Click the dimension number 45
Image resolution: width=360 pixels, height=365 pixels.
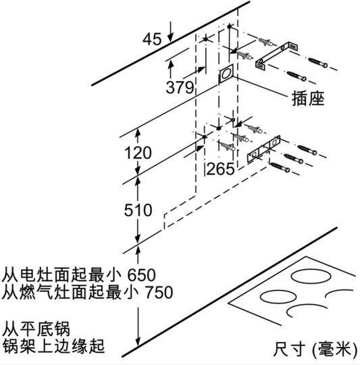[x=152, y=39]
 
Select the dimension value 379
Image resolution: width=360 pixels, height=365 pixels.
[x=180, y=87]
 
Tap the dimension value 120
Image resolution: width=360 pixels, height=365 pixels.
[x=138, y=153]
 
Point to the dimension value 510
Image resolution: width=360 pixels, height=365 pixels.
[x=138, y=210]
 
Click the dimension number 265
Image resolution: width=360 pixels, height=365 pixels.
[x=220, y=169]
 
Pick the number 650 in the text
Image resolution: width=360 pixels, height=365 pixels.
[x=141, y=275]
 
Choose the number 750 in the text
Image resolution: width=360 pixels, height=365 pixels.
[x=159, y=293]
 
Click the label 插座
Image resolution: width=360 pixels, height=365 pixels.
[x=308, y=98]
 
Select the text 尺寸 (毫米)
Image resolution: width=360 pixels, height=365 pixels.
[x=315, y=349]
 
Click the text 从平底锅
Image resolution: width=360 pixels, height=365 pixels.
[x=36, y=328]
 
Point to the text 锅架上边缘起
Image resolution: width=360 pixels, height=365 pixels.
[x=53, y=346]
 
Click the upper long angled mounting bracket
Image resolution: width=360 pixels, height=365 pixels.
[x=277, y=56]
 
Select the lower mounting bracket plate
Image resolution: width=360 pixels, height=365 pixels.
[x=263, y=149]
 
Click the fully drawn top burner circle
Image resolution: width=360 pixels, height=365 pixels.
[x=311, y=276]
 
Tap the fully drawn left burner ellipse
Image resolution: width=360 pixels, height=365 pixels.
[x=278, y=297]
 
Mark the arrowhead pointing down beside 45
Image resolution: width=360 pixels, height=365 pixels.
[x=171, y=36]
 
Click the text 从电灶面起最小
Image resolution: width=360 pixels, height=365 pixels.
[x=61, y=275]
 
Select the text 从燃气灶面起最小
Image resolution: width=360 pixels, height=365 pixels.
[x=70, y=293]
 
